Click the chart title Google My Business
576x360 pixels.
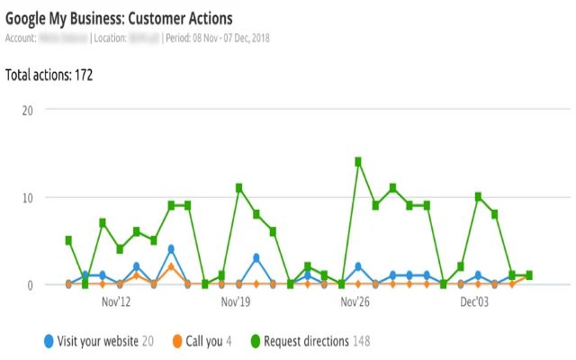click(120, 18)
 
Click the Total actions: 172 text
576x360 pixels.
click(49, 75)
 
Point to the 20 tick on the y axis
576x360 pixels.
click(27, 110)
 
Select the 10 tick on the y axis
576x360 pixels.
click(27, 197)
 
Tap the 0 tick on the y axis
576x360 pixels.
click(30, 284)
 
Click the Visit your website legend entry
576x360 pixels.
click(97, 341)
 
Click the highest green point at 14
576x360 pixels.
click(358, 162)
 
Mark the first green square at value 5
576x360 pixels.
click(68, 240)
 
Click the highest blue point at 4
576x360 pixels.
click(171, 249)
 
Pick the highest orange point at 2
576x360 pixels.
click(171, 267)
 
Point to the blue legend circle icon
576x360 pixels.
click(48, 341)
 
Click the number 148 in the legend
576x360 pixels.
click(360, 341)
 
